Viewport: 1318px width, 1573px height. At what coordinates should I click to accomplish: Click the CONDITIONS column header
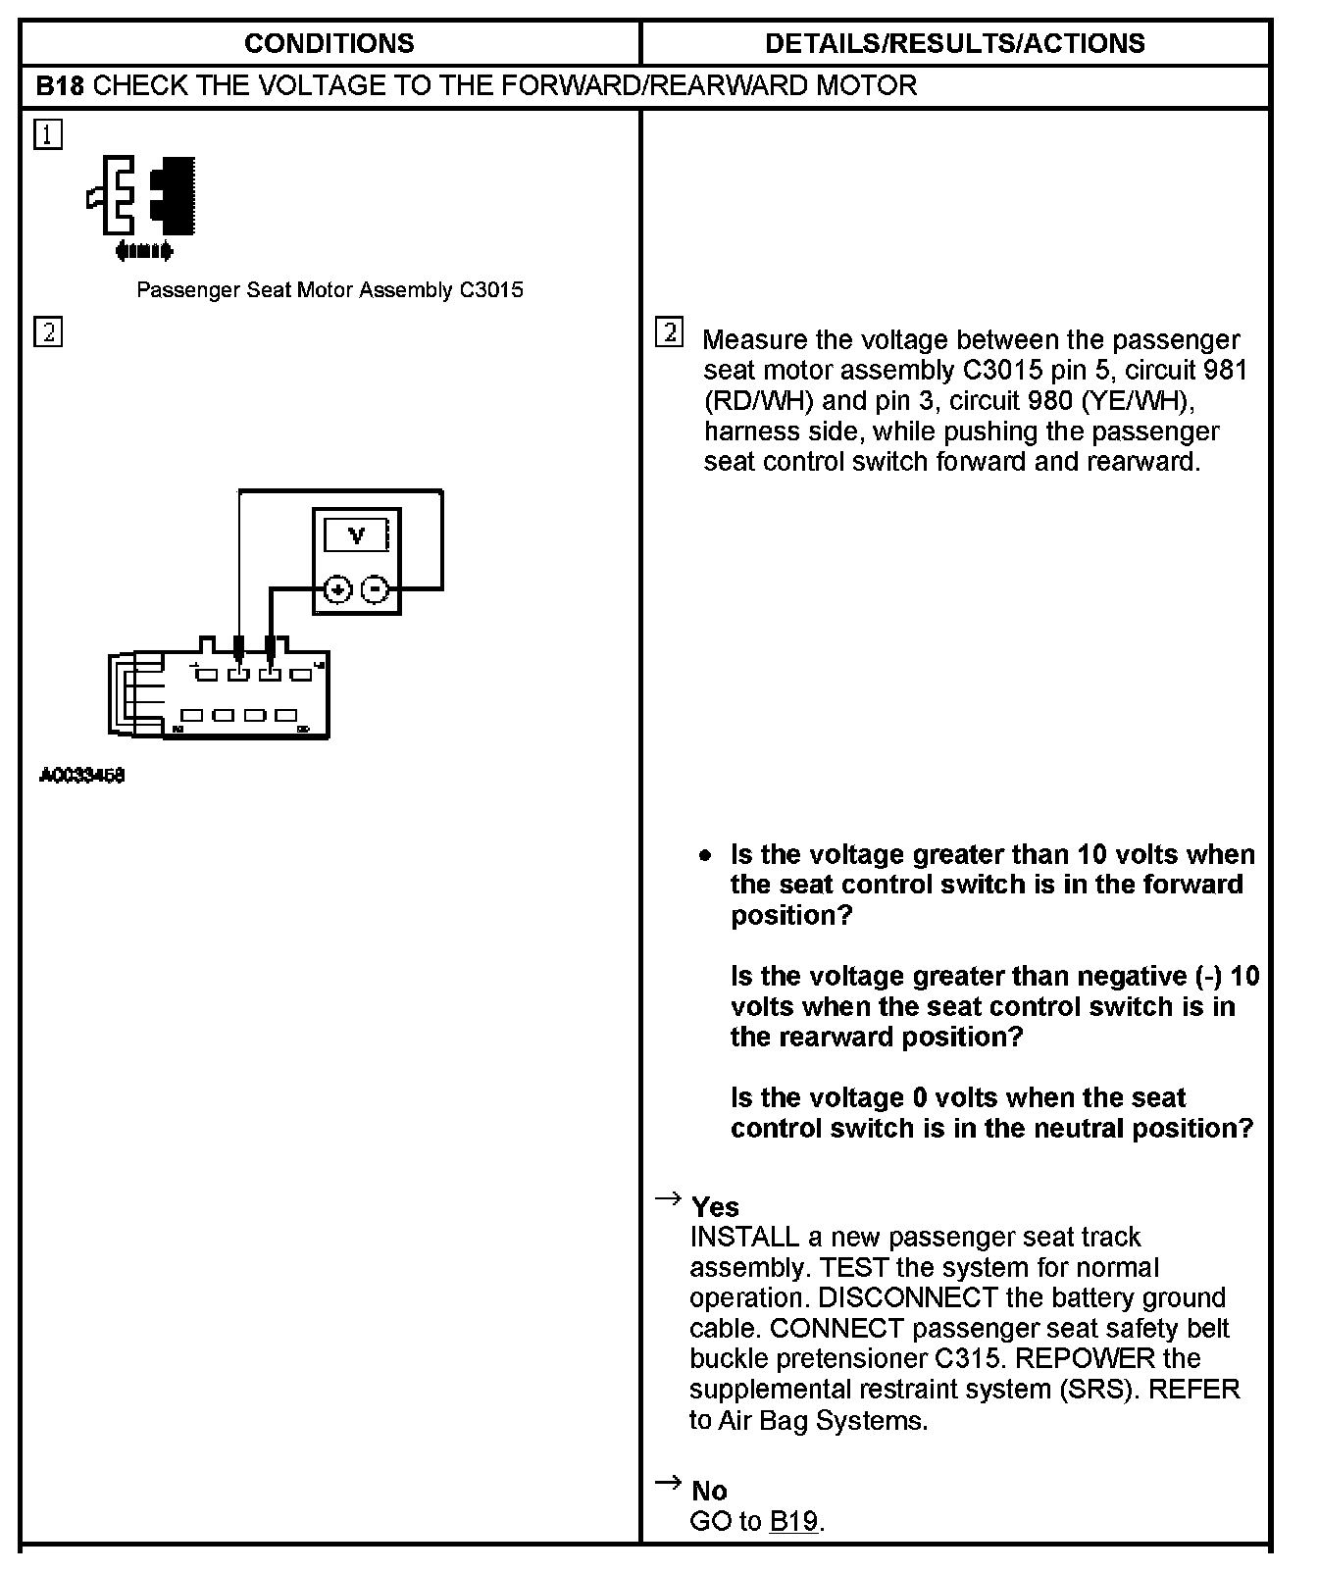point(329,43)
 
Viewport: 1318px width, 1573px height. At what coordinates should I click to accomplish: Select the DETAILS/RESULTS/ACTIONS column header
point(954,43)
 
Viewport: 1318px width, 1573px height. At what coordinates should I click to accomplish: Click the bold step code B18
point(60,85)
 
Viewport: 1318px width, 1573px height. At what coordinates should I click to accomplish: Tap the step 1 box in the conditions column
point(48,134)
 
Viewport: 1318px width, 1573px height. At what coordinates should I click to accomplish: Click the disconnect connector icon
point(143,207)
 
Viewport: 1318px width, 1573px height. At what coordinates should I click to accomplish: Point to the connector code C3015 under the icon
point(490,290)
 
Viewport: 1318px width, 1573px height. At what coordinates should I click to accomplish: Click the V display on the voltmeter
point(357,535)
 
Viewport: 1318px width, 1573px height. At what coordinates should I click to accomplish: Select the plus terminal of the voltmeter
point(337,589)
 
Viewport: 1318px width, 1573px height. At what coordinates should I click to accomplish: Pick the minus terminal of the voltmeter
point(376,589)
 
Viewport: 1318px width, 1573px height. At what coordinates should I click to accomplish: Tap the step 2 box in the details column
point(669,332)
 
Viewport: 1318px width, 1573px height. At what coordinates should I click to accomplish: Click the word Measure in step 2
point(755,340)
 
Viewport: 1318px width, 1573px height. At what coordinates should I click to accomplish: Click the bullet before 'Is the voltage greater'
point(705,855)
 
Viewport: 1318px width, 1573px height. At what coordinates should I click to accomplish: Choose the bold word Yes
point(715,1207)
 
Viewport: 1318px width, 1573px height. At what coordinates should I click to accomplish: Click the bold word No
point(709,1492)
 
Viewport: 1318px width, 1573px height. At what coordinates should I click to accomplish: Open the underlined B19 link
point(793,1522)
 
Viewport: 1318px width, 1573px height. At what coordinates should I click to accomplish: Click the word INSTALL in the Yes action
point(745,1238)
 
